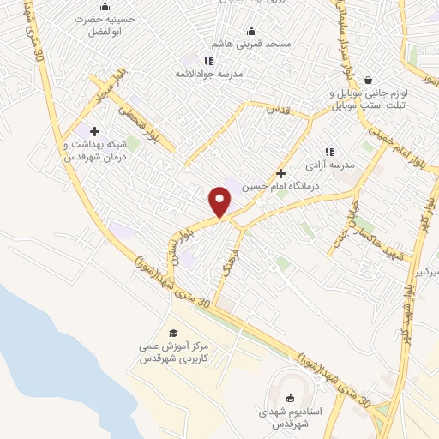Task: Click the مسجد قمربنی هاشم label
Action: click(253, 43)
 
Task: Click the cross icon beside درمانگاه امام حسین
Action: click(280, 173)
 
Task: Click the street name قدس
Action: click(280, 109)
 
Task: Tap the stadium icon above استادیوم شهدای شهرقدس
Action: click(289, 396)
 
